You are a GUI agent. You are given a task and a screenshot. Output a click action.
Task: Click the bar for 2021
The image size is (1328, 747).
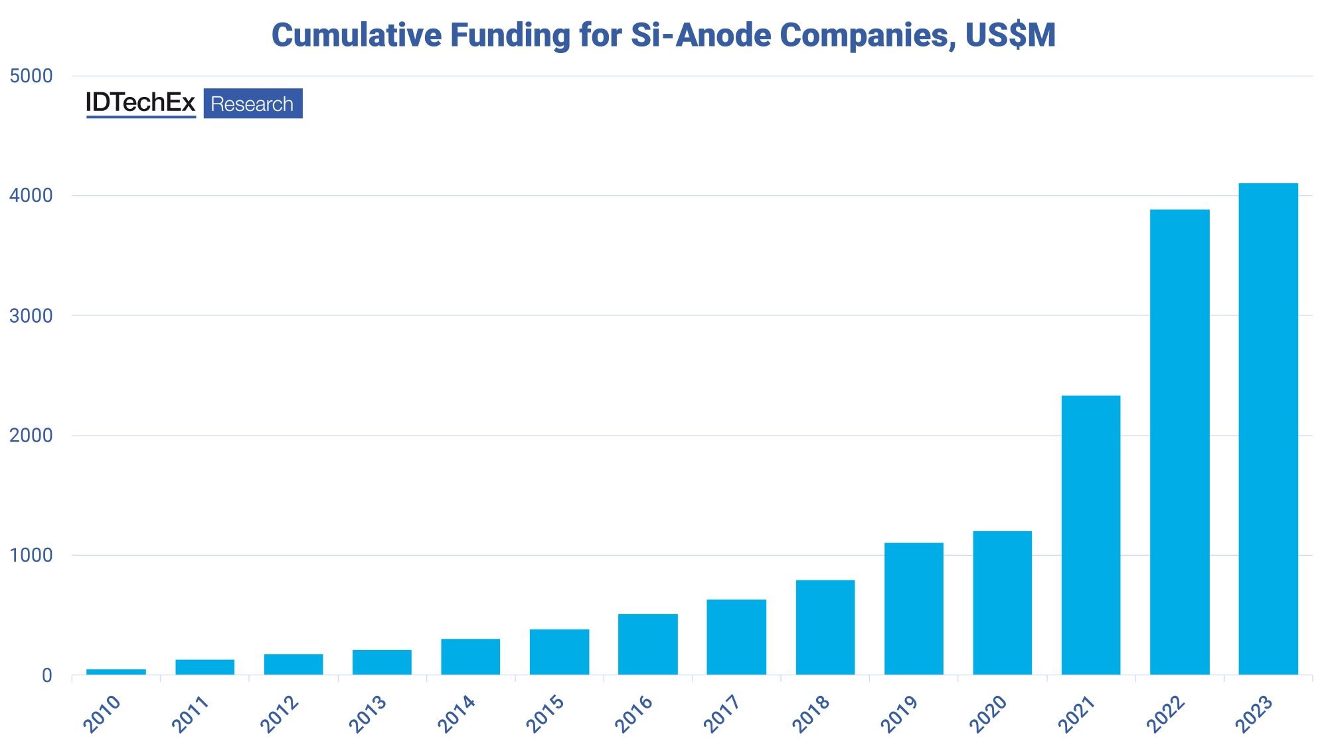click(1090, 535)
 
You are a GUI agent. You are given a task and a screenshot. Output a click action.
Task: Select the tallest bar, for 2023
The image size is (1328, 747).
click(1268, 429)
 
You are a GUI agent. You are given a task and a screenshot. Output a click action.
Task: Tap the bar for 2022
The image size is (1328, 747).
click(1179, 442)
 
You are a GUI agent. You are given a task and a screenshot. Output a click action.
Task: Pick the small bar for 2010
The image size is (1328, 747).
click(116, 672)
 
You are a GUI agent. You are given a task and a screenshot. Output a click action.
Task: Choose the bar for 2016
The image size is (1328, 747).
click(647, 644)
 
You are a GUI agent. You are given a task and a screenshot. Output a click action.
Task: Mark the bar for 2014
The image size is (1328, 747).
click(470, 657)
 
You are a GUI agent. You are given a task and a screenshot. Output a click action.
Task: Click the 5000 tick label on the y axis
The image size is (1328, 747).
click(31, 76)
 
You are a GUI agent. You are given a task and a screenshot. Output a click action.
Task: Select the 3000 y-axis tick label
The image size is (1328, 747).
click(31, 315)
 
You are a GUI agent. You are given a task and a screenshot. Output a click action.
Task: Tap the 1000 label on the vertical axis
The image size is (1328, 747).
click(31, 555)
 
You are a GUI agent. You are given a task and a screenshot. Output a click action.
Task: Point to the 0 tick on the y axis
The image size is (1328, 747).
click(46, 675)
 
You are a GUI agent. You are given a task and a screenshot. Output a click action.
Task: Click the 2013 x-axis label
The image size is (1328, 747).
click(368, 714)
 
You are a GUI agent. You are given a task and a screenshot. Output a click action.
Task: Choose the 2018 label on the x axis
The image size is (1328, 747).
click(811, 714)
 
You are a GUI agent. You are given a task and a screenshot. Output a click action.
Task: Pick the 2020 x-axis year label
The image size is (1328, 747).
click(988, 714)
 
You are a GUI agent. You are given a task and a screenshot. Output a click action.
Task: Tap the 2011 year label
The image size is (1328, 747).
click(191, 714)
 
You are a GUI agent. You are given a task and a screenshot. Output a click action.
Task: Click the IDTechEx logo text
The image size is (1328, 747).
click(141, 103)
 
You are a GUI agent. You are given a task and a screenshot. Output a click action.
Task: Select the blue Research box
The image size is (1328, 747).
click(252, 104)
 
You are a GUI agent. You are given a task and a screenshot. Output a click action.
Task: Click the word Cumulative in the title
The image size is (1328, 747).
click(357, 35)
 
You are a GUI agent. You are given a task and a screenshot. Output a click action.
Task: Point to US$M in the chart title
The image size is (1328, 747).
click(1010, 35)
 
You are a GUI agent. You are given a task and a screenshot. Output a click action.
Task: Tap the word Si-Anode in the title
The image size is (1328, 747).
click(701, 35)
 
